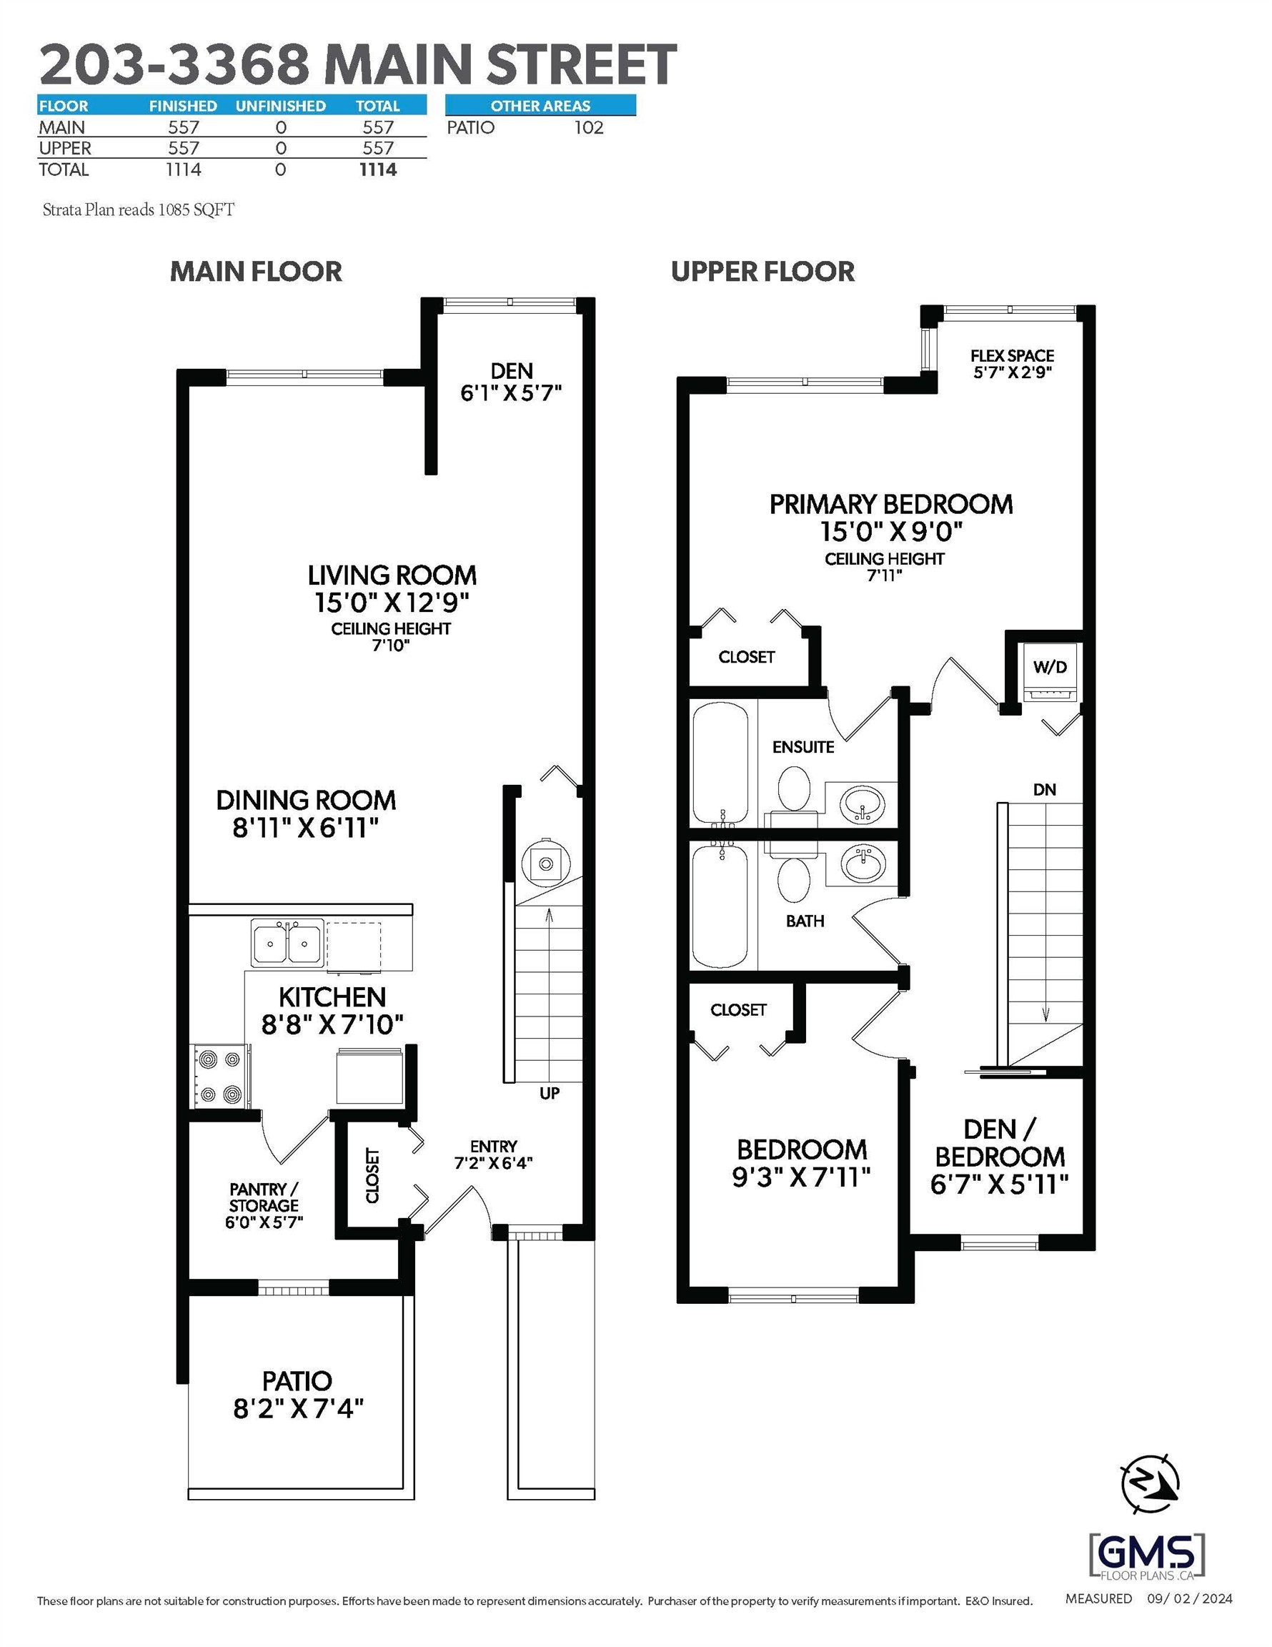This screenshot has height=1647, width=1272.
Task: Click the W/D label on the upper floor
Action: [x=1050, y=667]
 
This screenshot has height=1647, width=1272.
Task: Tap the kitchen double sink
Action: [x=287, y=943]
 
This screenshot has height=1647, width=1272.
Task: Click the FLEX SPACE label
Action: [x=1012, y=362]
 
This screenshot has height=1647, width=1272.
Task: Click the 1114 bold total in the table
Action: [x=378, y=169]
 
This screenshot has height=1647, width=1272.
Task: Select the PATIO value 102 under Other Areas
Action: [x=588, y=127]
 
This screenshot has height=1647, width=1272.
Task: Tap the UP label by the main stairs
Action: [x=549, y=1093]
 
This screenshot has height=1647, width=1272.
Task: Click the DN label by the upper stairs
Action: [x=1044, y=790]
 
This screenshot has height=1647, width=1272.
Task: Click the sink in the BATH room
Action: [x=861, y=864]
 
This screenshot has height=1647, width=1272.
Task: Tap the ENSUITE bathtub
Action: [x=720, y=761]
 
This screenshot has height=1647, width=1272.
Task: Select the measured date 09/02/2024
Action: [x=1190, y=1598]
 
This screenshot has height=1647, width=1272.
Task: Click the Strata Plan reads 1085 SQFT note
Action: [x=139, y=209]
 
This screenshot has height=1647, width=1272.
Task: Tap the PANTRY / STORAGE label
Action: [x=263, y=1205]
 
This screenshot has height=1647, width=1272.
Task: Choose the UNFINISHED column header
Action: [x=281, y=107]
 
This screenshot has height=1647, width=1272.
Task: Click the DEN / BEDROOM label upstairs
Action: [x=999, y=1156]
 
